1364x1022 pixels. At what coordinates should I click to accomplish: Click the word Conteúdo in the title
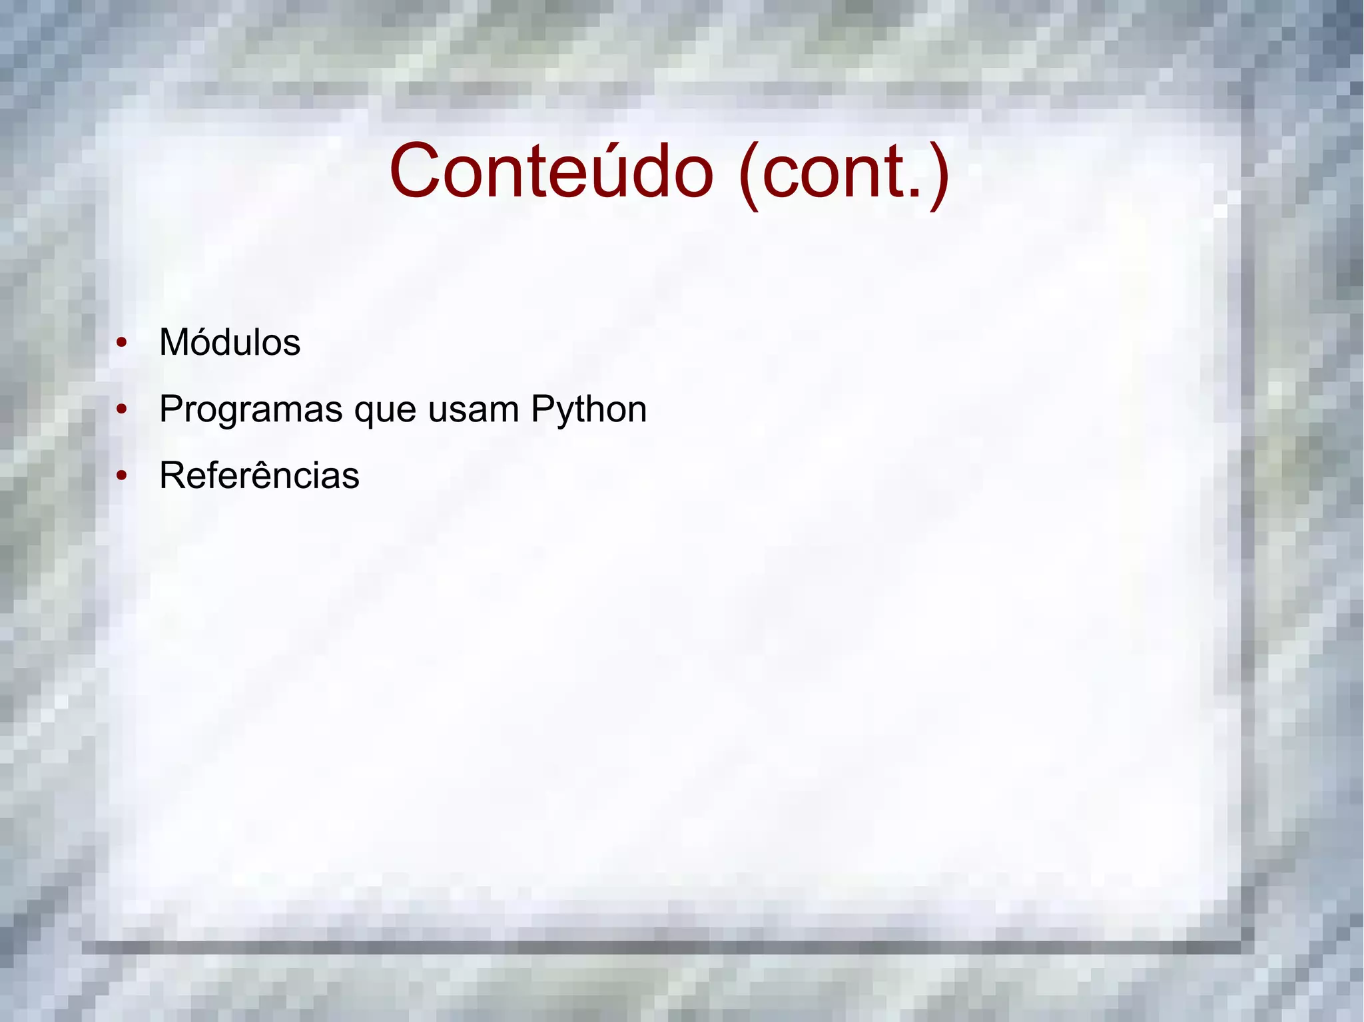[x=551, y=171]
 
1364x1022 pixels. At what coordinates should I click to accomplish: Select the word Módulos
[x=230, y=343]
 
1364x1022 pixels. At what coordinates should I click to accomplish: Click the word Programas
[x=250, y=410]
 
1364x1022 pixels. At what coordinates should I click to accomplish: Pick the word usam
[x=473, y=409]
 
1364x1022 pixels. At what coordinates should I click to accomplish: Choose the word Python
[x=589, y=410]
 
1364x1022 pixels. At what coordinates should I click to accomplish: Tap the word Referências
[x=259, y=475]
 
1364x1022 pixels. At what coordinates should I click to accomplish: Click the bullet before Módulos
[x=121, y=344]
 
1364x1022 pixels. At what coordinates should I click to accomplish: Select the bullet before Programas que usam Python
[x=121, y=410]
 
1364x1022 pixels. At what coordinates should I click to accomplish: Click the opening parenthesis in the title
[x=749, y=174]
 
